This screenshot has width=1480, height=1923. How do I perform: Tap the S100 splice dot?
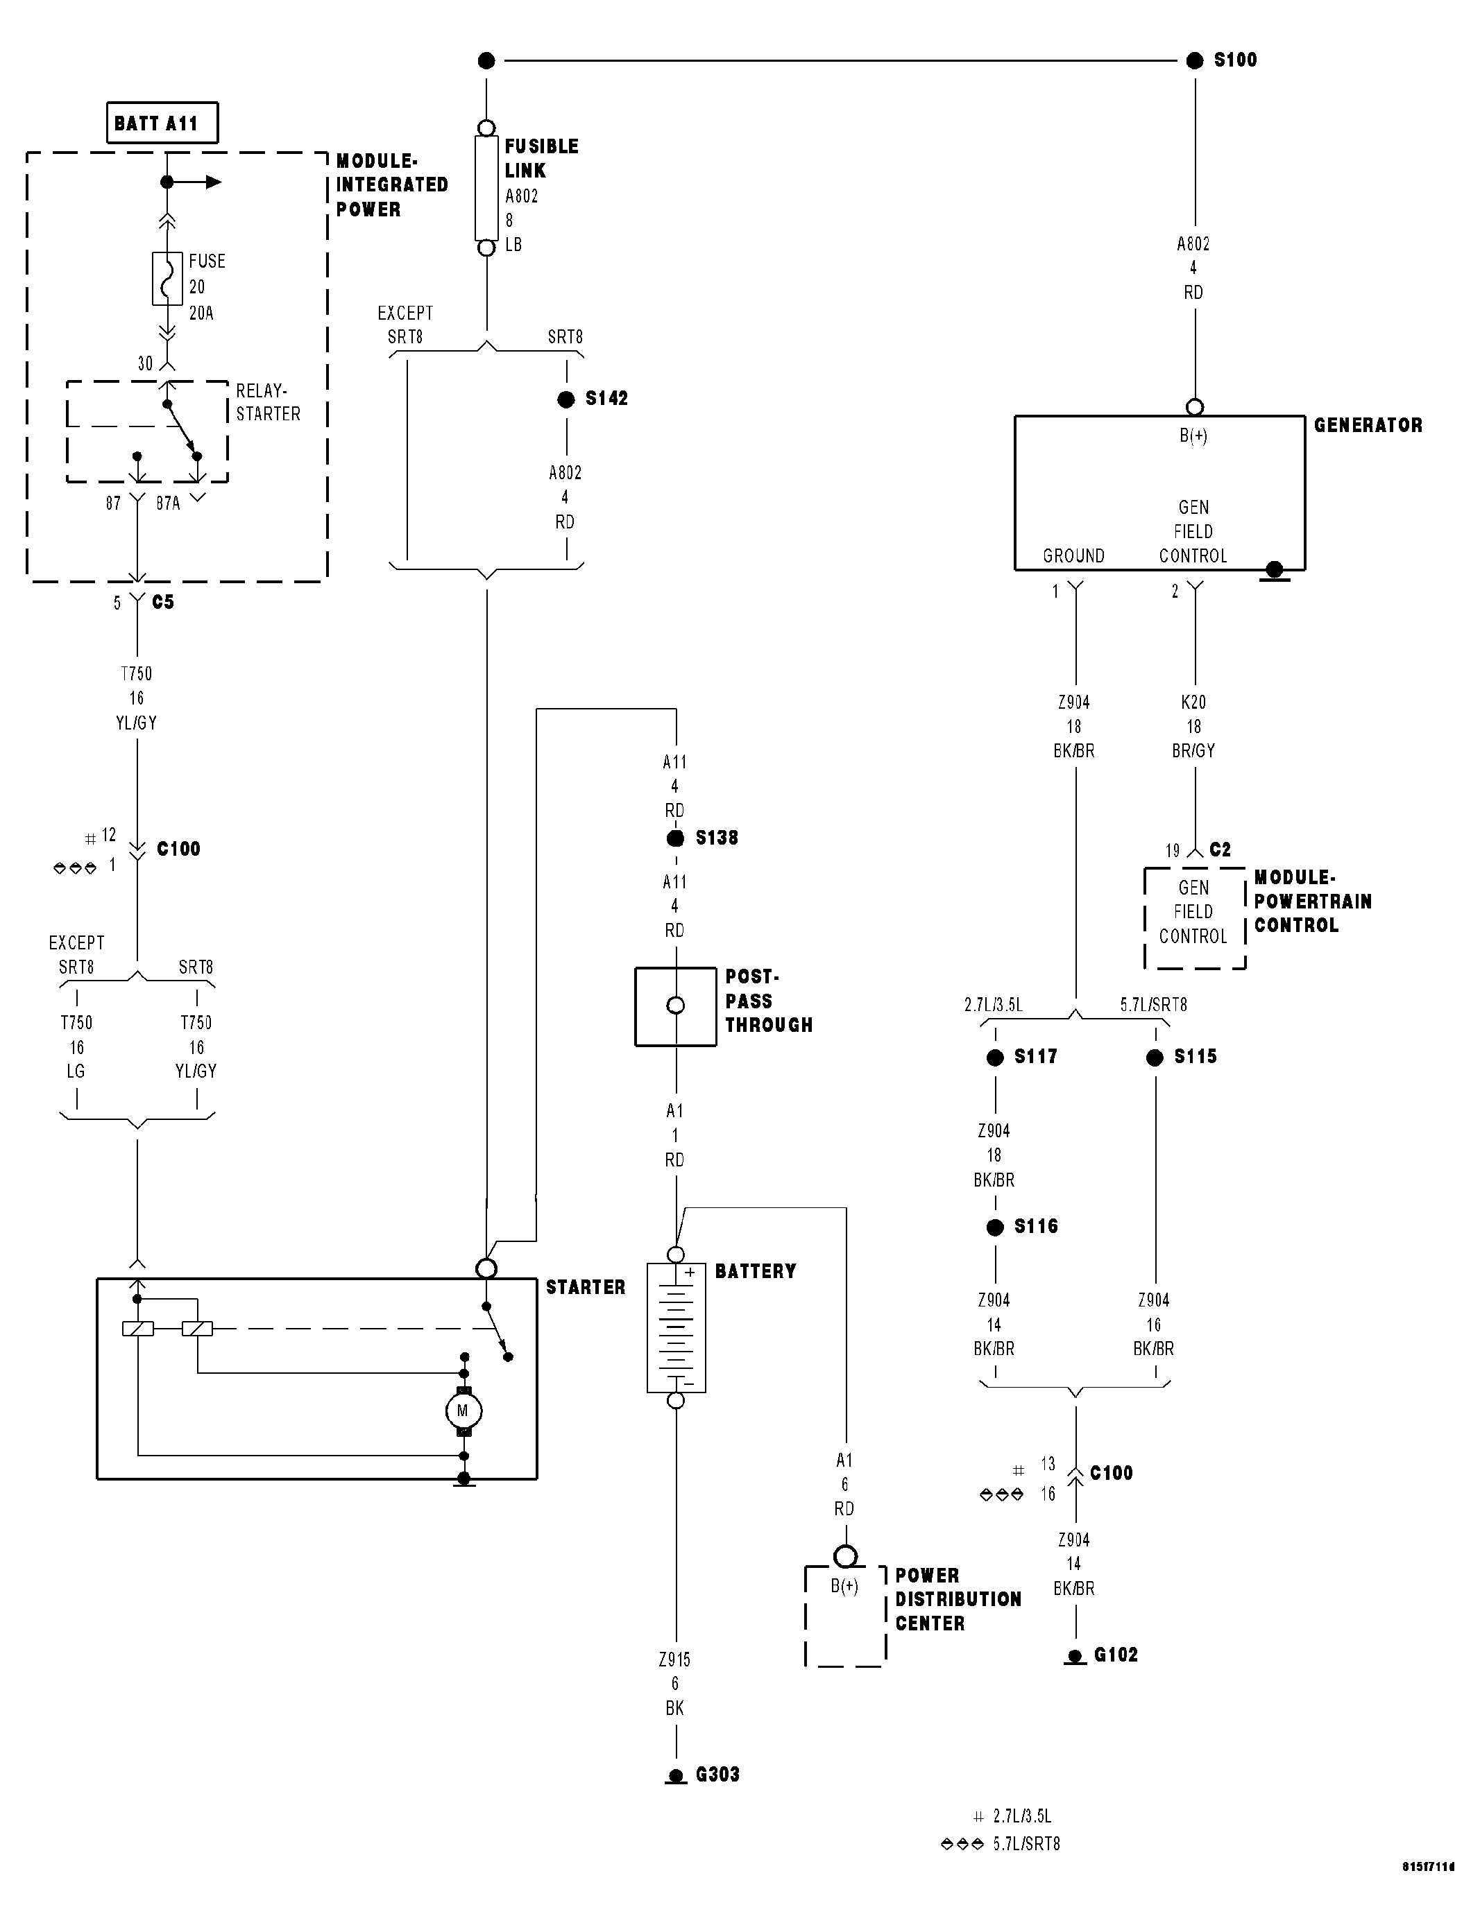(x=1195, y=61)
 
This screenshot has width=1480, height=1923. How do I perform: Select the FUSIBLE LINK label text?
(x=541, y=159)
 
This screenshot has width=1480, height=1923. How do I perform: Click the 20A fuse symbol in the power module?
(x=167, y=279)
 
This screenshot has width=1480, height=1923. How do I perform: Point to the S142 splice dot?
(x=566, y=399)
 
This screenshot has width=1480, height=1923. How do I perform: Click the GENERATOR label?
(x=1367, y=425)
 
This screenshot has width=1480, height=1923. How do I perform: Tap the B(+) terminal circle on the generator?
(x=1195, y=408)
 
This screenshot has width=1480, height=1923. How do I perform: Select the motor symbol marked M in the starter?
(x=463, y=1411)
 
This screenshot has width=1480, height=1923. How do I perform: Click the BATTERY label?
(x=755, y=1271)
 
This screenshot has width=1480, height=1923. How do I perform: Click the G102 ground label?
(x=1115, y=1655)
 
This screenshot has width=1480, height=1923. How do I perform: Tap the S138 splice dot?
(x=676, y=838)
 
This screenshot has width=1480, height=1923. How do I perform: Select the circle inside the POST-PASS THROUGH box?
(x=676, y=1006)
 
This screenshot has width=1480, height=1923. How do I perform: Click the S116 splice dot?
(x=996, y=1227)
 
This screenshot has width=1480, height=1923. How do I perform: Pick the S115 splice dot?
(x=1155, y=1058)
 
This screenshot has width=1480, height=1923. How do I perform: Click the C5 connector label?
(x=163, y=602)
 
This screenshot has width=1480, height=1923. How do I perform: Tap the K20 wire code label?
(x=1193, y=702)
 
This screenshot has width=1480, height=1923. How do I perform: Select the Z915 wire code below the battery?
(x=675, y=1659)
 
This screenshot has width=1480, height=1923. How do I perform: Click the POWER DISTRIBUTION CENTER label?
(x=958, y=1599)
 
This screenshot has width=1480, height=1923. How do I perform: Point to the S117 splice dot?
(x=996, y=1058)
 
